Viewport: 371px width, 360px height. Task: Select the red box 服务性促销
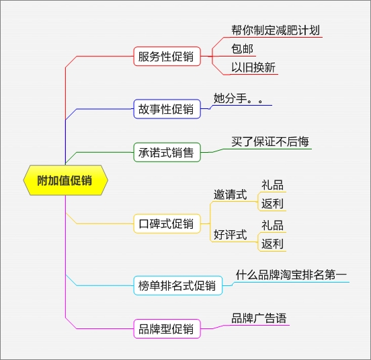[x=165, y=57]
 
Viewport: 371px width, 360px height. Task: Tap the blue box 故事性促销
[x=165, y=109]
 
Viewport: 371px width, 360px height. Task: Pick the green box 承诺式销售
[x=165, y=153]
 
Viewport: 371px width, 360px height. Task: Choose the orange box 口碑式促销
[x=165, y=224]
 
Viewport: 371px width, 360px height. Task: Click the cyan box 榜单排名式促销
[x=177, y=285]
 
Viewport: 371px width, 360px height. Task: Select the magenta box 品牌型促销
[x=165, y=329]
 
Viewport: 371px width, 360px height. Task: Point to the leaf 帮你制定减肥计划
[x=276, y=31]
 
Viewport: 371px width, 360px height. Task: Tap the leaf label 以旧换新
[x=253, y=67]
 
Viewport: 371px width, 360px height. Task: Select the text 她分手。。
[x=238, y=98]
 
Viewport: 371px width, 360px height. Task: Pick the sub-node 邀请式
[x=230, y=195]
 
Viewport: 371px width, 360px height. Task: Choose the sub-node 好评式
[x=230, y=235]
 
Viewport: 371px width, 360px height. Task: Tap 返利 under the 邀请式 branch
[x=272, y=204]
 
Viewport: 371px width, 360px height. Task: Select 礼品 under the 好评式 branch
[x=272, y=225]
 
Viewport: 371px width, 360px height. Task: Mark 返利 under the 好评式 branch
[x=272, y=244]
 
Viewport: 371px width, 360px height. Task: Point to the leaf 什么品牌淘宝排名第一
[x=291, y=275]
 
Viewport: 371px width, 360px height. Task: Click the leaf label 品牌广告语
[x=259, y=318]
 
